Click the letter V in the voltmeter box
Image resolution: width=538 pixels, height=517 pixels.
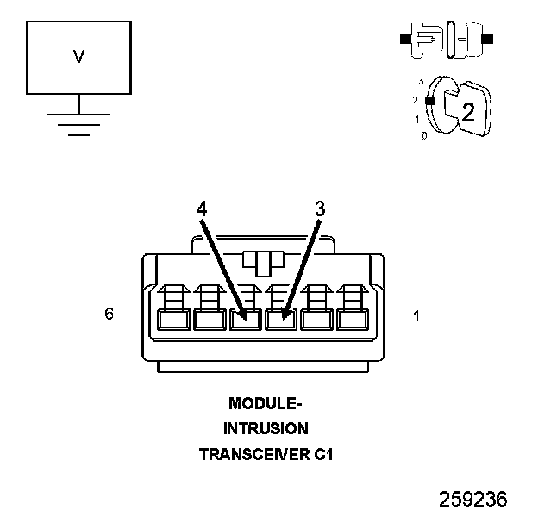click(x=78, y=58)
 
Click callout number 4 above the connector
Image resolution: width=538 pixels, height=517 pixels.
click(x=202, y=208)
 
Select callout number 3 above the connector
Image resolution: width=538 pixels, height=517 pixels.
click(x=319, y=208)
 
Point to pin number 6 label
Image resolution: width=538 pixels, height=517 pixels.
click(x=109, y=315)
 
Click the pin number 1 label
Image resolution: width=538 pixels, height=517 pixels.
click(x=416, y=316)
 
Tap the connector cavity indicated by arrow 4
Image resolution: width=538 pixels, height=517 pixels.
click(x=245, y=320)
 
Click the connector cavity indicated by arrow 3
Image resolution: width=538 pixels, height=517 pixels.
click(x=280, y=320)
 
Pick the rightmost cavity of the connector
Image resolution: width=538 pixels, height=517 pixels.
click(x=352, y=320)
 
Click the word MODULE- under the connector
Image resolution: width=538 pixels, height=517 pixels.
click(x=265, y=403)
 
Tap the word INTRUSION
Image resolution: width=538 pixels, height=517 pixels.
click(x=265, y=428)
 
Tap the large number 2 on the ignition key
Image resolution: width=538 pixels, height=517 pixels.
click(x=468, y=111)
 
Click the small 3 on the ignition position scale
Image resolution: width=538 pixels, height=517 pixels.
click(x=420, y=81)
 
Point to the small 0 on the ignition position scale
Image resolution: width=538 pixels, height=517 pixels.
click(x=424, y=136)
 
